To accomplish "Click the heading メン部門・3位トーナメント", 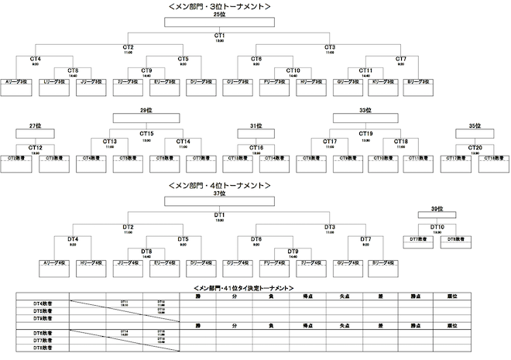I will pyautogui.click(x=219, y=6).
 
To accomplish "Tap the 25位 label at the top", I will pyautogui.click(x=219, y=14).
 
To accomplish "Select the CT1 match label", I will pyautogui.click(x=219, y=35).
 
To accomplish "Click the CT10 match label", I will pyautogui.click(x=293, y=70).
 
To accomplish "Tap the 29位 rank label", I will pyautogui.click(x=146, y=110).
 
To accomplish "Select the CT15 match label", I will pyautogui.click(x=146, y=133).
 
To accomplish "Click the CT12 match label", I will pyautogui.click(x=35, y=146).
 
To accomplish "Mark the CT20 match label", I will pyautogui.click(x=475, y=146).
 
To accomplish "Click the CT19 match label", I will pyautogui.click(x=365, y=133).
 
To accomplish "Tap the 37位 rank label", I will pyautogui.click(x=219, y=194).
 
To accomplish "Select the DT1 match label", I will pyautogui.click(x=219, y=214).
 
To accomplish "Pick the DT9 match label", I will pyautogui.click(x=293, y=251).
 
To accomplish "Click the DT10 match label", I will pyautogui.click(x=437, y=226).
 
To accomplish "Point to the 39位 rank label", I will pyautogui.click(x=437, y=209).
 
